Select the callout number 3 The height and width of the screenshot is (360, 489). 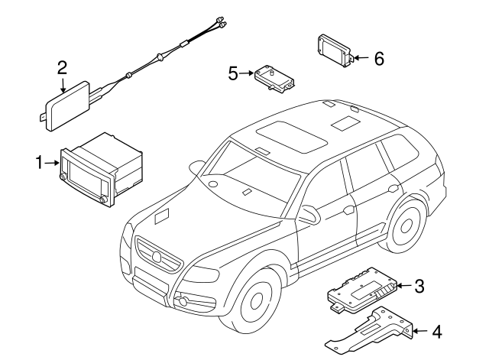pos(418,287)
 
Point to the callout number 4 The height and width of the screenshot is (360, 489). pos(436,332)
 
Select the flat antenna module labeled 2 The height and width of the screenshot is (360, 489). pos(69,105)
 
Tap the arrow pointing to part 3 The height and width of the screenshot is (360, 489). pos(403,287)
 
